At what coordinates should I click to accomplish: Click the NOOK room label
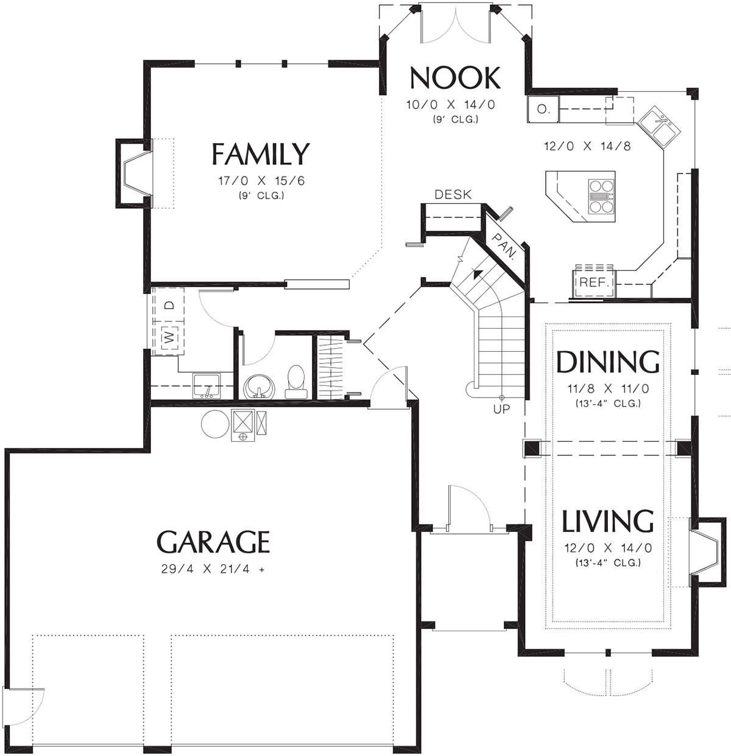[455, 78]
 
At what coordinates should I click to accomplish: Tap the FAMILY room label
[261, 154]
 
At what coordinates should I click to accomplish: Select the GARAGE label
[213, 542]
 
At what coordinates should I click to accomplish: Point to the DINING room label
[608, 362]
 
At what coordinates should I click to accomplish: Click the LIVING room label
[608, 521]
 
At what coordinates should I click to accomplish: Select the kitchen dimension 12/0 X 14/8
[587, 146]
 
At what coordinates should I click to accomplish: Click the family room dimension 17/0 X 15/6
[261, 181]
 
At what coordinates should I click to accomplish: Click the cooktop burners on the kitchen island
[601, 196]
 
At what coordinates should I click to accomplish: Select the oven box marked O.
[543, 109]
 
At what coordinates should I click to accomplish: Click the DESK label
[453, 194]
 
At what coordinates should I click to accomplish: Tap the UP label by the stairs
[501, 408]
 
